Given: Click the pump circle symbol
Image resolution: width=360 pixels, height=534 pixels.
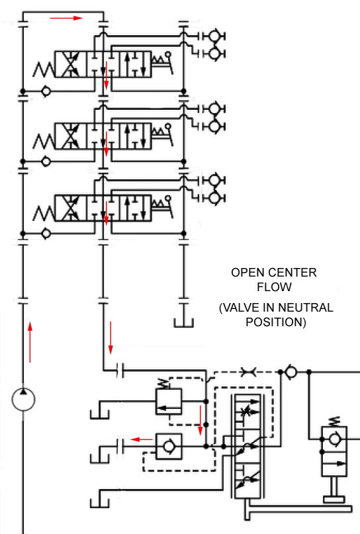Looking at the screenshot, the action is (x=13, y=400).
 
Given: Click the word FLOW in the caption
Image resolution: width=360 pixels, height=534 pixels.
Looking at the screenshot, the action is (x=274, y=287).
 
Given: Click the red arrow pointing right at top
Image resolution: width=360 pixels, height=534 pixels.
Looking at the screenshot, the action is (x=66, y=18).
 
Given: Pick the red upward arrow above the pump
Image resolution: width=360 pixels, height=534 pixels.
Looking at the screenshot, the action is (x=30, y=342).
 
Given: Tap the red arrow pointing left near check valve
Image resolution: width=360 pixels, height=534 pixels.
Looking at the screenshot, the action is (x=142, y=439).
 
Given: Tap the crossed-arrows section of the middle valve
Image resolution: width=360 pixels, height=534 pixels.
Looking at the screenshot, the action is (x=71, y=136).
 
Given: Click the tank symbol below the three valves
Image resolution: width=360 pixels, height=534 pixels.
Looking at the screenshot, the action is (x=183, y=323).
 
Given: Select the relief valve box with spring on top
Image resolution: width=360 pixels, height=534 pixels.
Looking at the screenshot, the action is (x=168, y=397).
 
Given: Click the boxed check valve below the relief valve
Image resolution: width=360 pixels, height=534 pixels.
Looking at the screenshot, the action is (x=169, y=446).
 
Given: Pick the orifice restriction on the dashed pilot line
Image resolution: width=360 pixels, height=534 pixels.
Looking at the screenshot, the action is (x=249, y=372).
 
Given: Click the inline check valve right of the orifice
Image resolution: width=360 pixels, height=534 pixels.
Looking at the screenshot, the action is (x=291, y=372).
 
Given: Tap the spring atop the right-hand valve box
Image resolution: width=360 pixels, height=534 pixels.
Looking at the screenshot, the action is (x=335, y=422).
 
